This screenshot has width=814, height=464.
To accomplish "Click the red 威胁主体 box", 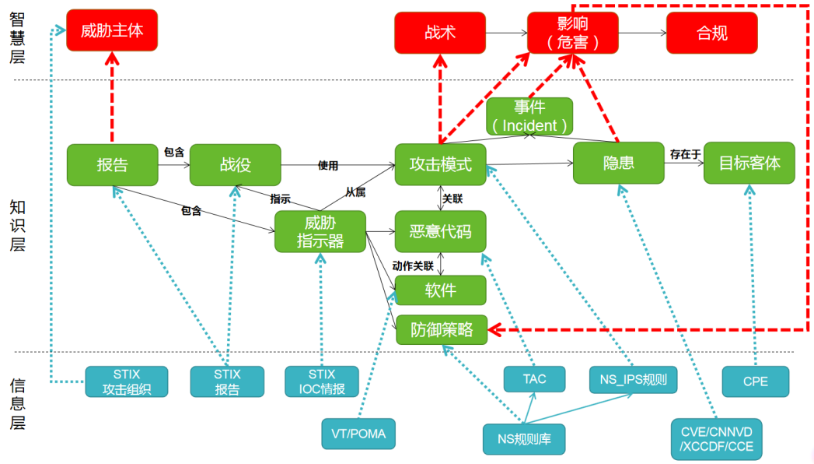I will [112, 31].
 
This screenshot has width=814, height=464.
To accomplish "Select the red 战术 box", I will [440, 33].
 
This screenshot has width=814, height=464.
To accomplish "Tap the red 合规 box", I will [711, 33].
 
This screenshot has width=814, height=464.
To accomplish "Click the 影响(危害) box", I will [573, 33].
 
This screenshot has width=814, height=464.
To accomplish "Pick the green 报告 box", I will [112, 164].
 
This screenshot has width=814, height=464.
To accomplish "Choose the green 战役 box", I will [235, 164].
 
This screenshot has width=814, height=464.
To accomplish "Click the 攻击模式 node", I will [440, 164].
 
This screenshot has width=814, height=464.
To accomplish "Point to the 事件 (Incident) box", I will [529, 117].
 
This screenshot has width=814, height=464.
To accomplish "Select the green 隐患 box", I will [618, 163].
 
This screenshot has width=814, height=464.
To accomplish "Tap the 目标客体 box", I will [749, 163].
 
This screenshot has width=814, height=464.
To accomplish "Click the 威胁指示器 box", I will [320, 231].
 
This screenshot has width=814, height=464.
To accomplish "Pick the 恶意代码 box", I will [440, 230].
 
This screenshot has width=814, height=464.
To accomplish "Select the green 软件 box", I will [440, 290].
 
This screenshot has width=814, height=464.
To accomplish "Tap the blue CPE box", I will [755, 381].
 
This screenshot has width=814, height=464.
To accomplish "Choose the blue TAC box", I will [534, 379].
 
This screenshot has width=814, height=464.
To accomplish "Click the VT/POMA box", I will [358, 434].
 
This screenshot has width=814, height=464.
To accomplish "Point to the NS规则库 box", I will [524, 438].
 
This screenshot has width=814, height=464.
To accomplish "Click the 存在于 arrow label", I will [685, 154].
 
